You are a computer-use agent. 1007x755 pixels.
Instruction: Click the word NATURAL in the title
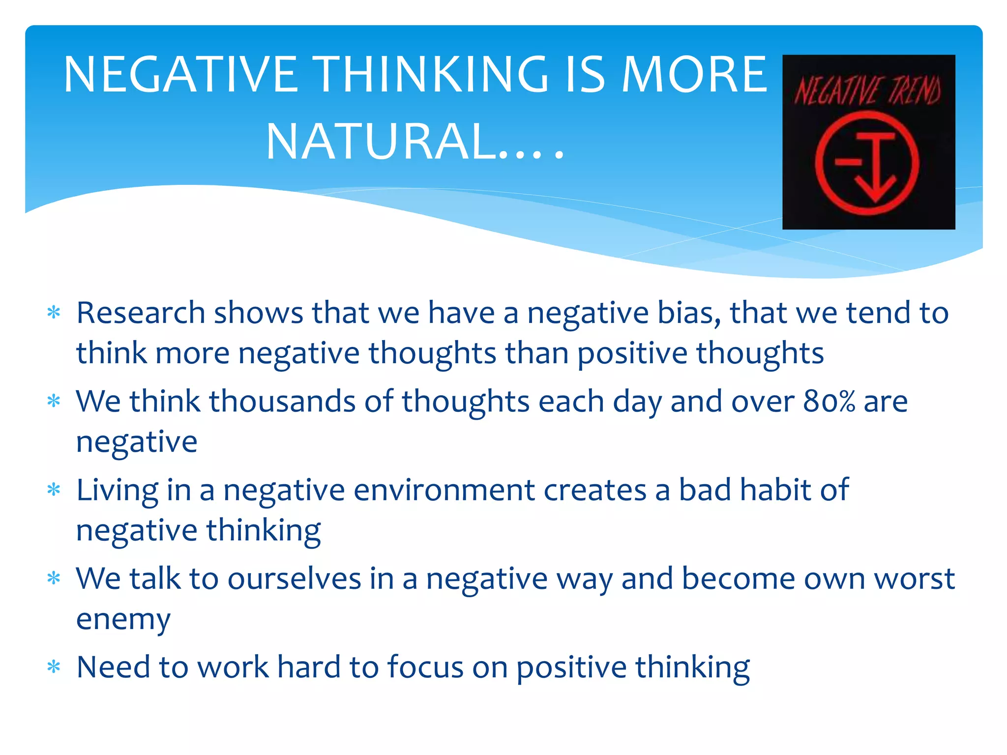coord(381,142)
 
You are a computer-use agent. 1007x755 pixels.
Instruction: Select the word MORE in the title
coord(694,75)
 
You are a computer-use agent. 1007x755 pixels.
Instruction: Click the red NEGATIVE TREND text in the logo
coord(868,91)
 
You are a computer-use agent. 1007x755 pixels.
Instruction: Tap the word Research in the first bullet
coord(141,313)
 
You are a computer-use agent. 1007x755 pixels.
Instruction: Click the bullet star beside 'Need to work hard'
coord(54,667)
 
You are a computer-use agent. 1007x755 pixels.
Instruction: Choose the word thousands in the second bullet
coord(282,402)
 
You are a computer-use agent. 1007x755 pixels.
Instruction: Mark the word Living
coord(117,491)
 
